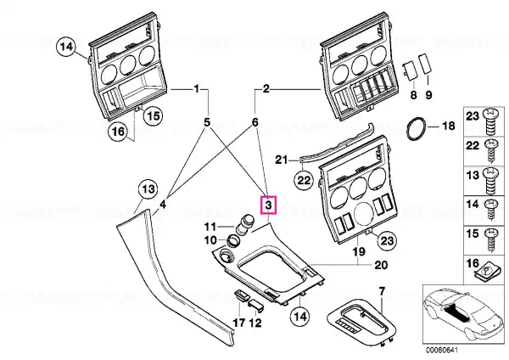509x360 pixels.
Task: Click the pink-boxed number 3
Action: click(268, 205)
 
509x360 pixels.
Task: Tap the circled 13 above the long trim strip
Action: click(148, 189)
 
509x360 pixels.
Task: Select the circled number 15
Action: click(154, 115)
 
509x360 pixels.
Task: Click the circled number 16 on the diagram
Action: click(118, 132)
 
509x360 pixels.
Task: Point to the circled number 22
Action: click(304, 179)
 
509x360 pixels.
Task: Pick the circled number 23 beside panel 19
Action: click(387, 241)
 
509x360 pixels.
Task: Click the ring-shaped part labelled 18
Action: click(417, 130)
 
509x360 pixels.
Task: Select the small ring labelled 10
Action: click(233, 241)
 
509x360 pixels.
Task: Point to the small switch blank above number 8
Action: click(411, 70)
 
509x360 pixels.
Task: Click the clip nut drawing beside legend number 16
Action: click(486, 271)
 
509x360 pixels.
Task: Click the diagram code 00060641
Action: click(442, 351)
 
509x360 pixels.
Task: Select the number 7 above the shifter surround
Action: click(382, 291)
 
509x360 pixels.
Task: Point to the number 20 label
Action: click(381, 265)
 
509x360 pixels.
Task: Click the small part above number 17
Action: click(242, 295)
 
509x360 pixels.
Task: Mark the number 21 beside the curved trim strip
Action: click(281, 160)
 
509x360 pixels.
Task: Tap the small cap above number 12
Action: click(256, 305)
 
